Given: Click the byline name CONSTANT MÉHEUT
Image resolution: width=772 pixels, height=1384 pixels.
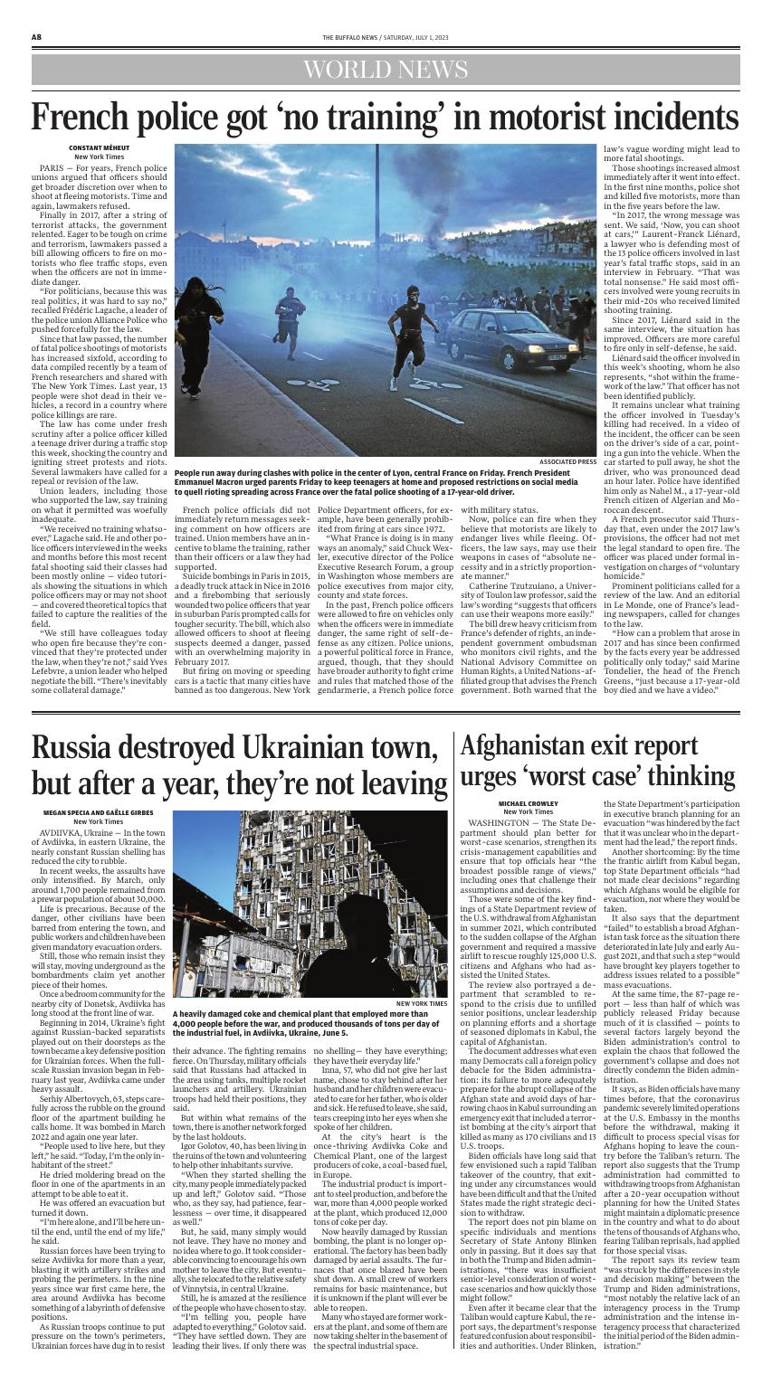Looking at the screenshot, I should (100, 148).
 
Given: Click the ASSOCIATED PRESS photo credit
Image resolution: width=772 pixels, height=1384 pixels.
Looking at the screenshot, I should (567, 461).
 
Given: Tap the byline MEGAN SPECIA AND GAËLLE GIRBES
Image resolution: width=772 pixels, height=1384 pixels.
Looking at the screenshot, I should (100, 814).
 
